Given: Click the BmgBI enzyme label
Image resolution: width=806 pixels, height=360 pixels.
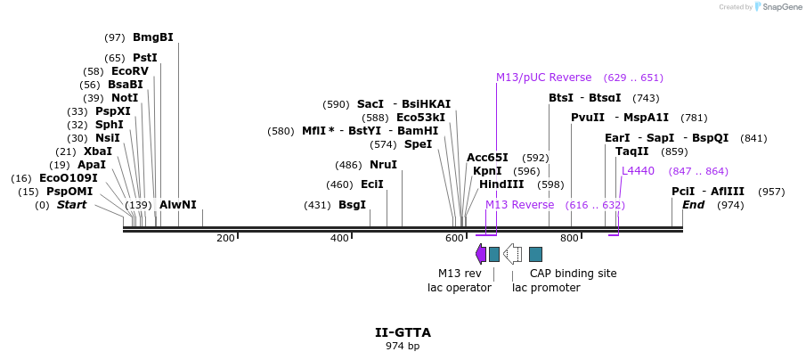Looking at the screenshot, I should pos(152,37).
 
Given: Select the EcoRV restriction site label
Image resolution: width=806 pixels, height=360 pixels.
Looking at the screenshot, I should pos(129,71).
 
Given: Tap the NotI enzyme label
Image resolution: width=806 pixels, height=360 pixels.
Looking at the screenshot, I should pos(125,98).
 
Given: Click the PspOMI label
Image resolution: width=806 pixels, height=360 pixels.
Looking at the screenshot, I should pos(69,192).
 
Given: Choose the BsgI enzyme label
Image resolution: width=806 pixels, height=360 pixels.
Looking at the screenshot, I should pos(352,205).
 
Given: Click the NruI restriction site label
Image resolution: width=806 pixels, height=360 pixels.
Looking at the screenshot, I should pos(383,165).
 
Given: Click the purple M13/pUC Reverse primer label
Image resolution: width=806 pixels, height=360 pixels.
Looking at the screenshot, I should pos(543,78).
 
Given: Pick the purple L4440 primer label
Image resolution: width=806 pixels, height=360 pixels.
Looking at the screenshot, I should pos(638,171).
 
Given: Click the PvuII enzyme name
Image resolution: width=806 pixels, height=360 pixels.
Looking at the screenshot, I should pos(588,118).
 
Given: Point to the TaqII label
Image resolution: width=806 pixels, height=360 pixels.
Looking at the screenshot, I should pos(632,151).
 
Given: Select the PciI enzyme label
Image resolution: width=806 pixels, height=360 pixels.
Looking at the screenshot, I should pos(682,192).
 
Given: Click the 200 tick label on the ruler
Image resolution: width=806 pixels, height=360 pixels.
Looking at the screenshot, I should pos(225,238).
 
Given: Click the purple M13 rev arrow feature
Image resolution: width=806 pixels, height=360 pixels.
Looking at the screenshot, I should pos(481,254).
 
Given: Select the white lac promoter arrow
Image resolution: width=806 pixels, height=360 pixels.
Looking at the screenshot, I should pos(512,254).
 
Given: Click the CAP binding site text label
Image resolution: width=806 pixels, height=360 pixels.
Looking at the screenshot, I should pos(573,274).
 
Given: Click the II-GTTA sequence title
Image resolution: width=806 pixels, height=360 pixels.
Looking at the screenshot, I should pos(403,332).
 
